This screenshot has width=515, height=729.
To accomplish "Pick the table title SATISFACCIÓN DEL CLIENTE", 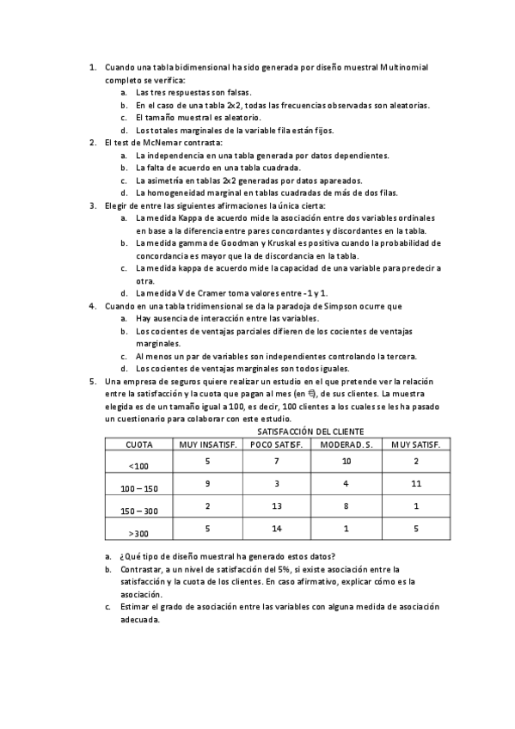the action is tap(310, 431).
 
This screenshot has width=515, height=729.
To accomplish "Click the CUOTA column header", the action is tap(139, 444).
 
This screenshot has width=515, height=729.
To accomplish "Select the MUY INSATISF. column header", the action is tap(207, 444).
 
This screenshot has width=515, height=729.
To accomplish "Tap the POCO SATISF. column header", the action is tap(276, 444).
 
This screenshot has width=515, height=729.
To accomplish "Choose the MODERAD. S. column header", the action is tap(346, 444).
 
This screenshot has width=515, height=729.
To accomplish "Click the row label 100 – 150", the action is tap(139, 488).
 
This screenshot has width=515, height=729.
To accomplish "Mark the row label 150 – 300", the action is tap(139, 511).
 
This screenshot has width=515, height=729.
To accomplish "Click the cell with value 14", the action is tap(276, 529).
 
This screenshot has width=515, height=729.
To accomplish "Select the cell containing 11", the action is tap(415, 484).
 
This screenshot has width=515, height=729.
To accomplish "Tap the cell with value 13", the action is tap(276, 506).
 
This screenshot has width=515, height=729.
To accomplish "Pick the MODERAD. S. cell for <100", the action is tap(346, 462).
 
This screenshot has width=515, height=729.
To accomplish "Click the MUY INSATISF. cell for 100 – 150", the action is tap(207, 484).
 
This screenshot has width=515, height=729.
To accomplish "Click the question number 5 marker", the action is tap(93, 380).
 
